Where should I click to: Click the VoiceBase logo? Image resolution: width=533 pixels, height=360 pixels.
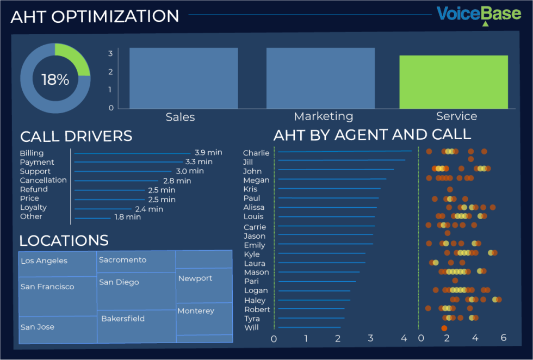[479, 14]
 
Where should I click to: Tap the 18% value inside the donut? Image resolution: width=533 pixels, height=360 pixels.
[55, 80]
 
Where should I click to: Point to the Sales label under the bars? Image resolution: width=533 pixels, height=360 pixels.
[180, 117]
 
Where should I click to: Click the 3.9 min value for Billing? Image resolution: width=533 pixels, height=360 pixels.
[208, 153]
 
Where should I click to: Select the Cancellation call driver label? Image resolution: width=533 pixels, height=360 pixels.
[43, 180]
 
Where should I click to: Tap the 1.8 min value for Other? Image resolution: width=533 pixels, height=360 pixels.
[127, 217]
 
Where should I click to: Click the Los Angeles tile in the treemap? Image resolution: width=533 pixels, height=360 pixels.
[44, 260]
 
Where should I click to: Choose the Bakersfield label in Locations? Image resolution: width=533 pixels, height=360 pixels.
[123, 319]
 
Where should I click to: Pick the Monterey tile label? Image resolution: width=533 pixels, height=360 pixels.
[196, 311]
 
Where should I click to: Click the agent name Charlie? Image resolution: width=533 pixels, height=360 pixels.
[256, 153]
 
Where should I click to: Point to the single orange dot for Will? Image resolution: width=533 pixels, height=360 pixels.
[444, 328]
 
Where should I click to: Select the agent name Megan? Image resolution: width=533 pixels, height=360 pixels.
[256, 180]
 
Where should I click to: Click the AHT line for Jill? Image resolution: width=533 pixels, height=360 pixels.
[341, 160]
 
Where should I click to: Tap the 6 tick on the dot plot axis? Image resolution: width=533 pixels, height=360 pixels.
[503, 338]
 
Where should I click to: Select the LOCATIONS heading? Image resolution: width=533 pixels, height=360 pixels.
[64, 240]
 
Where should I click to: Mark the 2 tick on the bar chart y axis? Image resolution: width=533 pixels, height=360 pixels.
[110, 71]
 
